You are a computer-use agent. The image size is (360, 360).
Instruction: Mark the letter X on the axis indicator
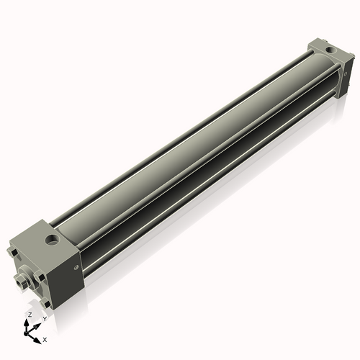tap(45, 338)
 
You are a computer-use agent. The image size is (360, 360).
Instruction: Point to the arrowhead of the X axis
tap(37, 336)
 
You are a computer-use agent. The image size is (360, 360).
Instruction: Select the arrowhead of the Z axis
tap(28, 321)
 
